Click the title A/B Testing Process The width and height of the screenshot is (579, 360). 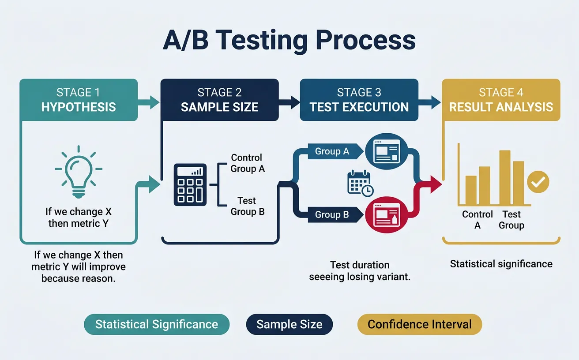[289, 41]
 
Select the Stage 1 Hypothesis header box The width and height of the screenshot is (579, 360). [79, 100]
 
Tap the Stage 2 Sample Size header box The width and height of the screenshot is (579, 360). [219, 100]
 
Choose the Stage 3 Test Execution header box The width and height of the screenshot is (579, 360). [359, 100]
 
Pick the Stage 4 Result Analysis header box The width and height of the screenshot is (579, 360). [501, 100]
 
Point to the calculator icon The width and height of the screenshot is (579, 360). [190, 184]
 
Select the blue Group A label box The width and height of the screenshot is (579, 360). [332, 151]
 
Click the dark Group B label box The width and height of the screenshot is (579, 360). [332, 215]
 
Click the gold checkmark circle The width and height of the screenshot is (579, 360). [538, 181]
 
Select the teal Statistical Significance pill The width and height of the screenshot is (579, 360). [157, 325]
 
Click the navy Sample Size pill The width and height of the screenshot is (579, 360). [289, 325]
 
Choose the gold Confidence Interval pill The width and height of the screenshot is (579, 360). [419, 325]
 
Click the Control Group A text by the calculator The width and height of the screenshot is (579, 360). [247, 163]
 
